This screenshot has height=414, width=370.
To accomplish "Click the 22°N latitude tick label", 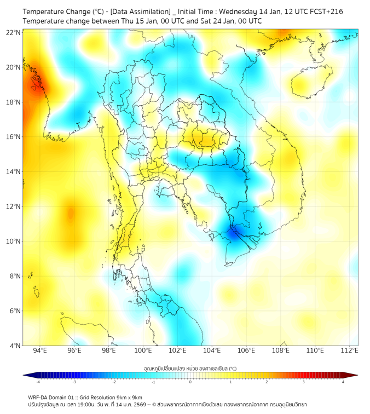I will pos(14,32).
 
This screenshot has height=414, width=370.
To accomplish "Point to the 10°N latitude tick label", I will pos(14,242).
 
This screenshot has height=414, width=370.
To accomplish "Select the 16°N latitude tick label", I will pos(14,137).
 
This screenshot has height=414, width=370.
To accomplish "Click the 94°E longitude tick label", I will pos(40,350).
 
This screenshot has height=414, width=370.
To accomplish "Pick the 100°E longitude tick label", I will pos(143,350).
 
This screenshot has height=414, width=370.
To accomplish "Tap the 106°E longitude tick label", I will pos(246,350).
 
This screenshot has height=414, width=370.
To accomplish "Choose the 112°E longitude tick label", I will pos(350,350).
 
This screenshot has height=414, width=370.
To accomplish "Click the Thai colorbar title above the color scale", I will pos(190,369).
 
